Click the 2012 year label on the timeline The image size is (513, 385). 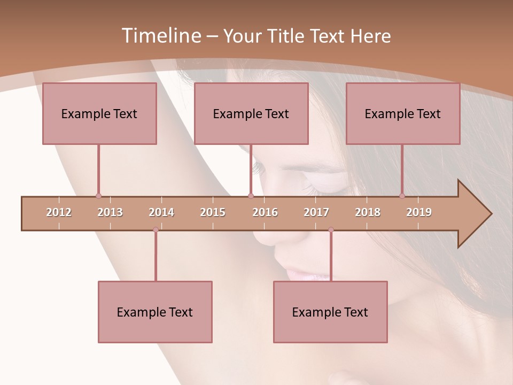click(59, 212)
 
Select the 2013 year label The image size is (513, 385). click(110, 212)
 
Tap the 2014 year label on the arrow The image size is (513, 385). click(161, 212)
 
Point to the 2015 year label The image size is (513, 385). click(213, 212)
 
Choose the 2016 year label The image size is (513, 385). click(265, 212)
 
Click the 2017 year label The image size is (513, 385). click(316, 212)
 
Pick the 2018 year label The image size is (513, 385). click(368, 212)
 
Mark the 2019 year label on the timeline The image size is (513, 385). click(419, 212)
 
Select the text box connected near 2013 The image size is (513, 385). click(99, 113)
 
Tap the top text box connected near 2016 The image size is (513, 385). click(251, 113)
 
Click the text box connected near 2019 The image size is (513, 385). click(403, 113)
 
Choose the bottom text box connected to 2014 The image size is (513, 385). click(155, 312)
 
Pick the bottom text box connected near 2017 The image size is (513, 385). click(330, 312)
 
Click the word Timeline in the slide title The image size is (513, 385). click(160, 36)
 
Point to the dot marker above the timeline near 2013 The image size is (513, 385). click(98, 196)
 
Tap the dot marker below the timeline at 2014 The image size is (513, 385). click(156, 230)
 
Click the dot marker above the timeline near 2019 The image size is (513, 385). click(402, 196)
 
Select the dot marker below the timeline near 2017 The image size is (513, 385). click(331, 230)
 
